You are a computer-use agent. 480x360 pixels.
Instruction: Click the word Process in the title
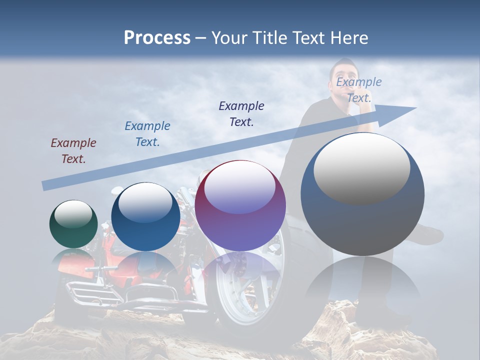click(157, 38)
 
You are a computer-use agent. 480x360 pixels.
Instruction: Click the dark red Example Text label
click(73, 151)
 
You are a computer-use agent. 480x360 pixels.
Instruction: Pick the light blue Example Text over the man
click(358, 90)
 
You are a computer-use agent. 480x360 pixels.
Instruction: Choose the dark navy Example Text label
click(241, 113)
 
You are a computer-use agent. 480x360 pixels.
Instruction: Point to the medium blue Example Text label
click(147, 133)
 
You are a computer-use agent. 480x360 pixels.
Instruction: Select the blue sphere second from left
click(145, 217)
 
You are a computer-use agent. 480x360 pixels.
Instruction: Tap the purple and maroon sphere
click(240, 206)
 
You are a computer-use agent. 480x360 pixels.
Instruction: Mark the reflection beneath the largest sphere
click(362, 285)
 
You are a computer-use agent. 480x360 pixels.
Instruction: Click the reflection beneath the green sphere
click(73, 260)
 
